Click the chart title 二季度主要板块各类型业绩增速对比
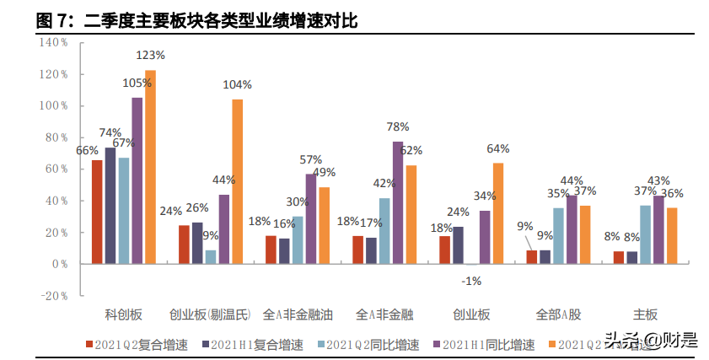[221, 21]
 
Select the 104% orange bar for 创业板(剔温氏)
[237, 181]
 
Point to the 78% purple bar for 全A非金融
[398, 202]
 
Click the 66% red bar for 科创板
[97, 212]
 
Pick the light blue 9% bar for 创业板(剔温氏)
[210, 257]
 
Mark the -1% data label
[472, 281]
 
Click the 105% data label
[137, 83]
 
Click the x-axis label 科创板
[124, 315]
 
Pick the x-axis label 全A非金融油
[298, 315]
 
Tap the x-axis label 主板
[645, 315]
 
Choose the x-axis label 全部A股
[558, 315]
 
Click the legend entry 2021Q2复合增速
[137, 344]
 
